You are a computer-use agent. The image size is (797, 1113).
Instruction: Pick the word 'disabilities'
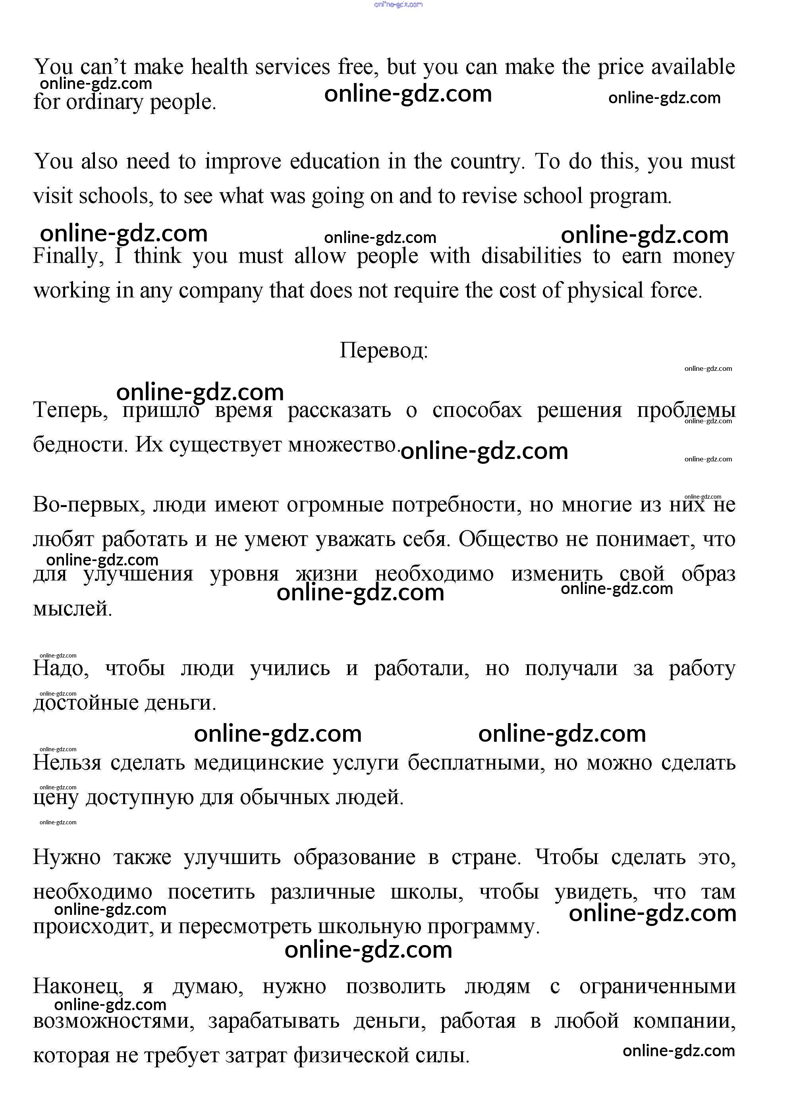531,256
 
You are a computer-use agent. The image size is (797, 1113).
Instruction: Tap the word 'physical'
605,291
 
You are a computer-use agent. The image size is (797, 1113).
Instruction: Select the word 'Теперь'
70,410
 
